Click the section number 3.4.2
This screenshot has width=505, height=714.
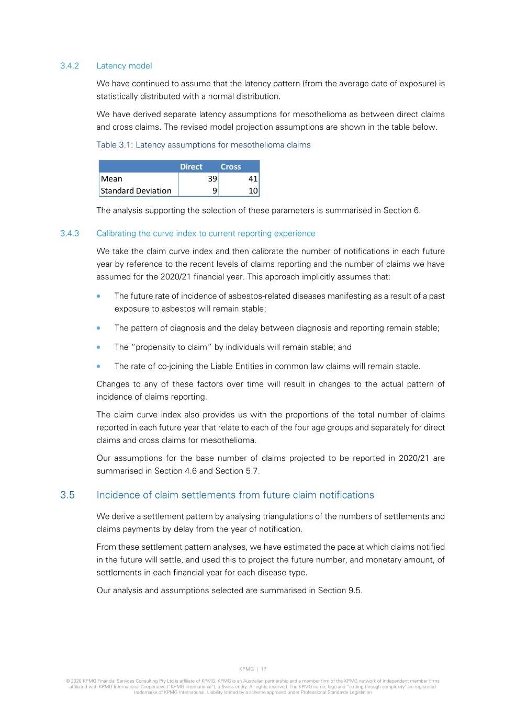click(x=69, y=66)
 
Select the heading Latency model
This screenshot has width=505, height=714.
click(x=124, y=66)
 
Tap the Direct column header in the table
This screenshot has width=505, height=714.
click(x=191, y=167)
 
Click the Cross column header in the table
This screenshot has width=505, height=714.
click(x=231, y=167)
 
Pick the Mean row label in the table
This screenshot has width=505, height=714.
click(x=111, y=179)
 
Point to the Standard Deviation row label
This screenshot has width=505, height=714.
click(x=136, y=191)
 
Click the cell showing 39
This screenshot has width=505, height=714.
click(x=212, y=179)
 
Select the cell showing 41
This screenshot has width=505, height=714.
click(x=253, y=179)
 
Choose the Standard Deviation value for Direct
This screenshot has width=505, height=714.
click(x=215, y=191)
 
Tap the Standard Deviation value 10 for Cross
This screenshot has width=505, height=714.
click(x=253, y=191)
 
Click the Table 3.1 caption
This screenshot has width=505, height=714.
click(x=203, y=145)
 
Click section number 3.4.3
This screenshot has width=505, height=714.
click(x=69, y=234)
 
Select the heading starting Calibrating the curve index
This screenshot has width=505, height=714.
click(x=206, y=234)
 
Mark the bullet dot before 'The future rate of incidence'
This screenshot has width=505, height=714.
click(x=98, y=296)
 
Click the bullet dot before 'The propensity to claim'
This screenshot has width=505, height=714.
click(x=98, y=347)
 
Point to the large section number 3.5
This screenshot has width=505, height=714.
click(x=68, y=495)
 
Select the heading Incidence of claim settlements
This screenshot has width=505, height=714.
click(x=235, y=495)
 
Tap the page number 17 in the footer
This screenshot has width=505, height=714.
click(x=264, y=669)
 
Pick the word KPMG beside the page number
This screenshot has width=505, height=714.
click(x=246, y=669)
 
